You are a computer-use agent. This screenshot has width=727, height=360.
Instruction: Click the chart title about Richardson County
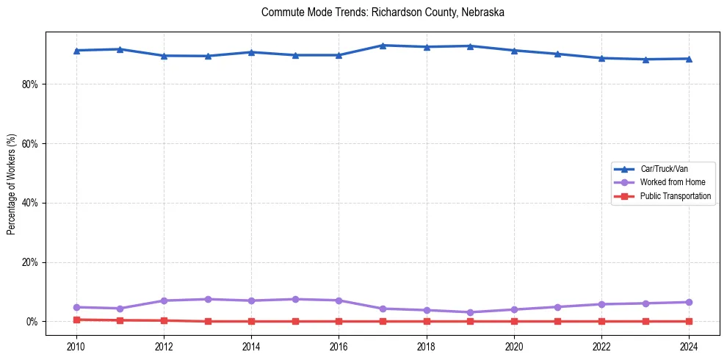pyautogui.click(x=383, y=12)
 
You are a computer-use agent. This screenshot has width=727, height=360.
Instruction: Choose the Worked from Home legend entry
pyautogui.click(x=672, y=182)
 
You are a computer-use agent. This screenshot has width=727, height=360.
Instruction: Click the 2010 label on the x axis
pyautogui.click(x=76, y=345)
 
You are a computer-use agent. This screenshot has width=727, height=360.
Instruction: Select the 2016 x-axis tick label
pyautogui.click(x=339, y=345)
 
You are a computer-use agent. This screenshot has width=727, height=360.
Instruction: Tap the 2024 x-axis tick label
pyautogui.click(x=689, y=345)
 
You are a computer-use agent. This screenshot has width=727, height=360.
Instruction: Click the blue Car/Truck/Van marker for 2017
pyautogui.click(x=383, y=46)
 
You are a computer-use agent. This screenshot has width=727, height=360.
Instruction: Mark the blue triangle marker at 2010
pyautogui.click(x=76, y=51)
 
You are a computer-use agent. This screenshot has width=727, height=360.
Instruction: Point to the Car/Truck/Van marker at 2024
pyautogui.click(x=689, y=59)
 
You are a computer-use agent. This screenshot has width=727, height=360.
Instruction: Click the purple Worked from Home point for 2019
pyautogui.click(x=470, y=312)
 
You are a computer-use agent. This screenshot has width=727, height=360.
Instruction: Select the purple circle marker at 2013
pyautogui.click(x=208, y=299)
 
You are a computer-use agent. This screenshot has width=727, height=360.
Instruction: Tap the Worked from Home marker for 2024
pyautogui.click(x=689, y=302)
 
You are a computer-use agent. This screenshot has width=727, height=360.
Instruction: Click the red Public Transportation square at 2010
pyautogui.click(x=76, y=320)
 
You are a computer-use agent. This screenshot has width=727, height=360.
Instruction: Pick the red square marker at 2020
pyautogui.click(x=514, y=321)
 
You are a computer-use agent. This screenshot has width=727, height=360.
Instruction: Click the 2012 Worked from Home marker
pyautogui.click(x=164, y=300)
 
